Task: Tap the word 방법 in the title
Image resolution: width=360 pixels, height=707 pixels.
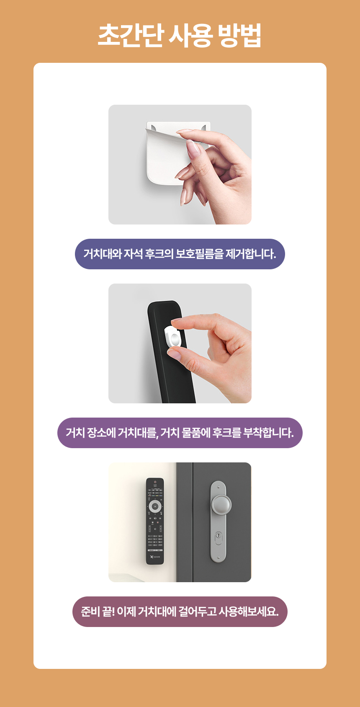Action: [x=240, y=35]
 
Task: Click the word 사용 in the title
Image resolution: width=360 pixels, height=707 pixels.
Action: [x=191, y=35]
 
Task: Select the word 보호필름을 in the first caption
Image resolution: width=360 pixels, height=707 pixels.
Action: [x=199, y=254]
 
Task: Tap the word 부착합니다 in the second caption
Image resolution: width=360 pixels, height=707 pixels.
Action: [x=268, y=432]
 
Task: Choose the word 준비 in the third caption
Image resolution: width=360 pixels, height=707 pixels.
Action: [x=90, y=612]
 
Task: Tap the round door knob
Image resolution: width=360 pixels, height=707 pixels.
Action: [x=221, y=504]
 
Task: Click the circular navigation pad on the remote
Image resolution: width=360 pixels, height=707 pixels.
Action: [x=155, y=506]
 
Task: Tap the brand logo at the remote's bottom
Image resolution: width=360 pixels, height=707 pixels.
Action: [x=155, y=557]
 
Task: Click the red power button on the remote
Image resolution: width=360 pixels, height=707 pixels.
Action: [x=155, y=482]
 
